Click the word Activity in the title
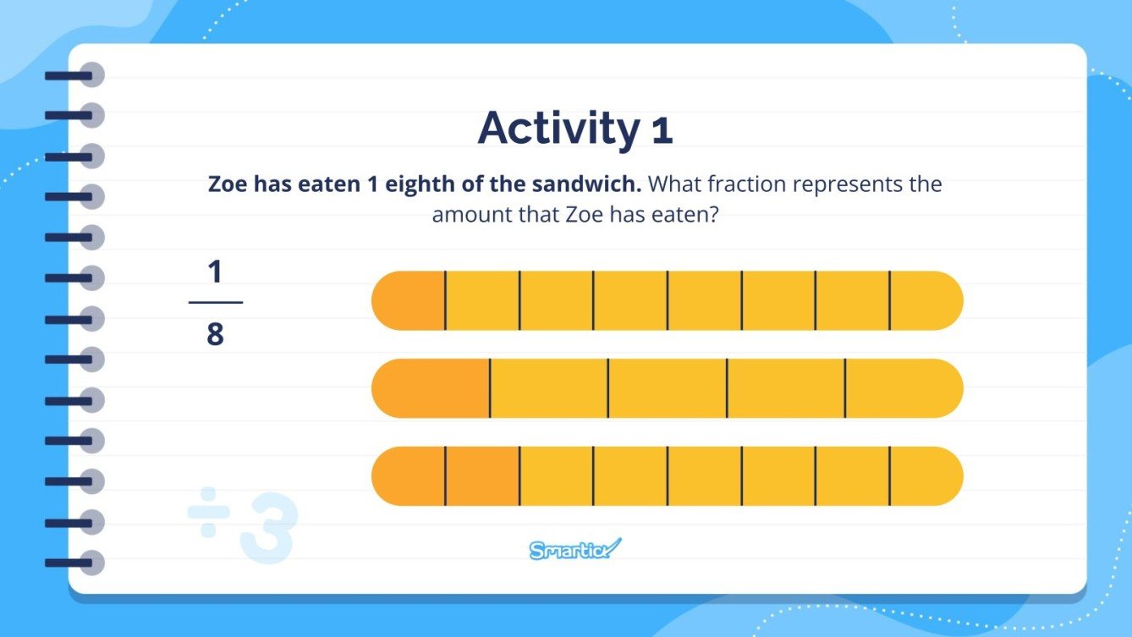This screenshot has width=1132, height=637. (x=559, y=128)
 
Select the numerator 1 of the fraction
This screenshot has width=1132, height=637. (x=215, y=272)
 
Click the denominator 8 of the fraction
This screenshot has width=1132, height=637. (x=215, y=335)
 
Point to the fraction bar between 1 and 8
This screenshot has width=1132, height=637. (x=215, y=302)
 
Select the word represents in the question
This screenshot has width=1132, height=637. (x=849, y=184)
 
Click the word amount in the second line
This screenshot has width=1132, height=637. (x=466, y=215)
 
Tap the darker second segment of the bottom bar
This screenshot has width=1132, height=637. (x=482, y=476)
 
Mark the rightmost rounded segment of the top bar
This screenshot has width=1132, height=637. (x=925, y=300)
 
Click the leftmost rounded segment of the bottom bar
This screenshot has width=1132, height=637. (x=410, y=476)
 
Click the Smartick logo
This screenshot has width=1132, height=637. (x=575, y=549)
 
